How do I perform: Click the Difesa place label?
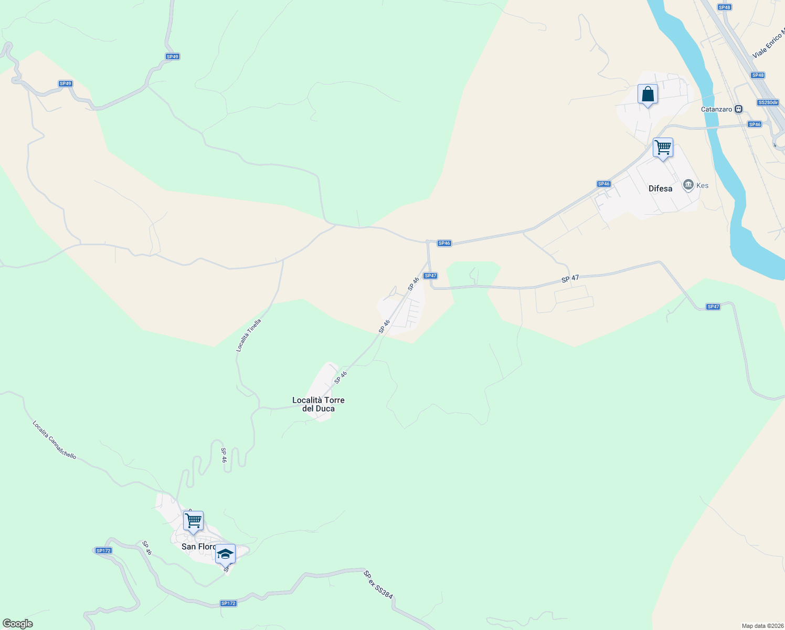(x=660, y=188)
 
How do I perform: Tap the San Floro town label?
(x=198, y=547)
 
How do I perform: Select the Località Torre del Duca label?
(x=319, y=404)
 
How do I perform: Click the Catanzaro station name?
(x=716, y=109)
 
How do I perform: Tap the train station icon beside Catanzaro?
(x=738, y=109)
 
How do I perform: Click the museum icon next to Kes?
(x=688, y=185)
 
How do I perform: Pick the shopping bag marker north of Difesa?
(x=648, y=95)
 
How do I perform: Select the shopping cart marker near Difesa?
(x=663, y=148)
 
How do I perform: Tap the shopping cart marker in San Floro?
(x=193, y=521)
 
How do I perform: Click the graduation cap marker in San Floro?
(x=225, y=554)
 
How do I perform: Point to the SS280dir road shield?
(x=768, y=102)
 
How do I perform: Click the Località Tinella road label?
(x=248, y=335)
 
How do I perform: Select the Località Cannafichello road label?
(x=54, y=440)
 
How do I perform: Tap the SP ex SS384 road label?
(x=378, y=585)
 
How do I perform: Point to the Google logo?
(x=18, y=624)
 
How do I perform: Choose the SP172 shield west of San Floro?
(x=103, y=551)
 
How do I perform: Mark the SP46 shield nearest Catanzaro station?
(x=755, y=124)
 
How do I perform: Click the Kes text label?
(x=702, y=185)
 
